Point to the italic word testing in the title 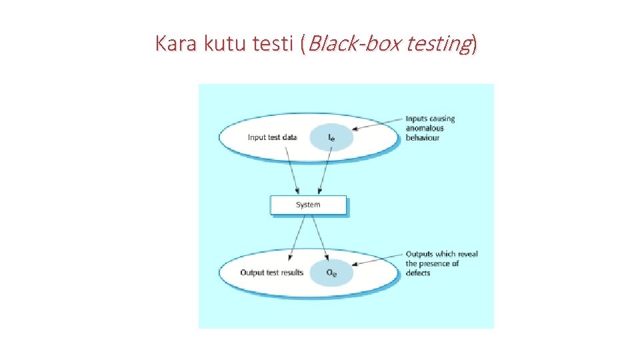(436, 44)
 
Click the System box (308, 205)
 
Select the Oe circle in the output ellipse (331, 272)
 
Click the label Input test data (272, 137)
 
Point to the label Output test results (272, 272)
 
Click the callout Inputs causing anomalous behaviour (431, 128)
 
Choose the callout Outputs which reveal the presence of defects (441, 263)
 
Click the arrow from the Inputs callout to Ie (377, 123)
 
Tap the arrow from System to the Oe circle (319, 237)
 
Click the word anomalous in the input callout (425, 129)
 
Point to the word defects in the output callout (418, 273)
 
